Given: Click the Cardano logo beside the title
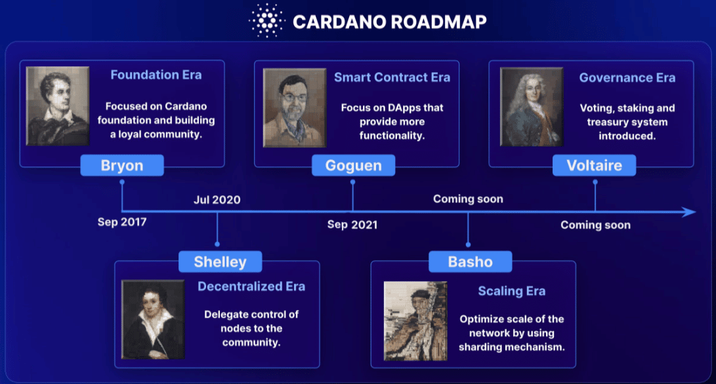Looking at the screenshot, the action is click(x=266, y=20).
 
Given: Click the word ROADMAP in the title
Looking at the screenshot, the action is click(x=438, y=22).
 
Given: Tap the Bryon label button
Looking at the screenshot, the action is click(x=122, y=165).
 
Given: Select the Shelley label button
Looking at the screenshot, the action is click(x=220, y=261).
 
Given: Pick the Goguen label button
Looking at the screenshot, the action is click(x=354, y=165).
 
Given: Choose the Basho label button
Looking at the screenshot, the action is click(x=471, y=261).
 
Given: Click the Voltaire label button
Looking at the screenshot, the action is click(x=594, y=165).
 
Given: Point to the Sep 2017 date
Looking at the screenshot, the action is click(x=122, y=222).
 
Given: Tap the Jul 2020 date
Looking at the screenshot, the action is click(x=217, y=200).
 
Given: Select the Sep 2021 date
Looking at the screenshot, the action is click(x=352, y=224).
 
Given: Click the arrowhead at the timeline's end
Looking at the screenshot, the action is click(x=689, y=212).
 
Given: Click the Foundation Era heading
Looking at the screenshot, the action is click(x=156, y=75).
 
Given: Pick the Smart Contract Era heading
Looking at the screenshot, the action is click(x=392, y=77).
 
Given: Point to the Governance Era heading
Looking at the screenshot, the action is click(x=627, y=78).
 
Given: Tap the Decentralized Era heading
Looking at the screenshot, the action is click(x=251, y=286).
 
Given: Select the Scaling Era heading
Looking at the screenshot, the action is click(x=512, y=291).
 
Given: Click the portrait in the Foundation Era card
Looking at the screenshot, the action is click(x=58, y=106).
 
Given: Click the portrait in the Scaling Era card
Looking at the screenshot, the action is click(x=415, y=321).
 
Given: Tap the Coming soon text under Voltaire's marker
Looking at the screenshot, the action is click(x=595, y=225).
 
